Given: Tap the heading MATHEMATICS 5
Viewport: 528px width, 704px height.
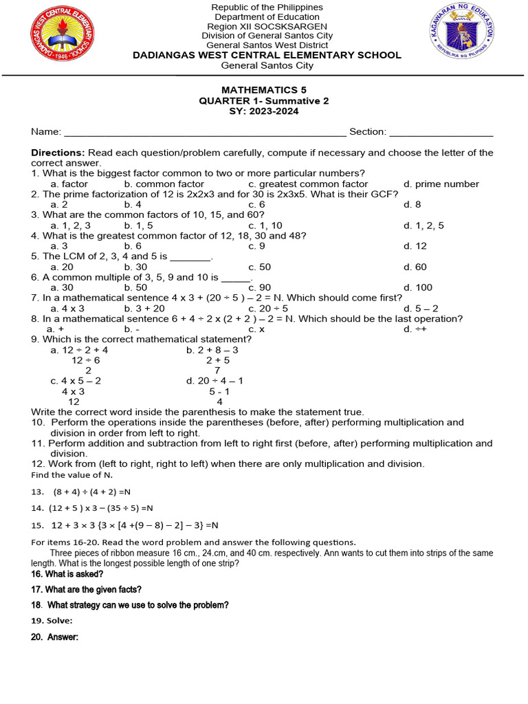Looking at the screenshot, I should tap(264, 90).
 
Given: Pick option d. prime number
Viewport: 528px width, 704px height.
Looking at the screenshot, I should tap(441, 184).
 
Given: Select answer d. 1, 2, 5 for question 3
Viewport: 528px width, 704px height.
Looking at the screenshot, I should tap(423, 225).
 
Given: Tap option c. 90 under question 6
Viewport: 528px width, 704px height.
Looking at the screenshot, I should tap(259, 287).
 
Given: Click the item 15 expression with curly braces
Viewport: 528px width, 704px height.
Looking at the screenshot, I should tap(135, 525).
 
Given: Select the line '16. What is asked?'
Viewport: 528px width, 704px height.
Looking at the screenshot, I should tap(67, 574).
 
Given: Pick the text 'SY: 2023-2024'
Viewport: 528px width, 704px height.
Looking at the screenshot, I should tap(264, 111).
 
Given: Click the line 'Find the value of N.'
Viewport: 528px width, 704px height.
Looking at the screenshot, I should tap(71, 475).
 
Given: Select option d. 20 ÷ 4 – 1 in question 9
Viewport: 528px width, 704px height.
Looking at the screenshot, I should tap(214, 381).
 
